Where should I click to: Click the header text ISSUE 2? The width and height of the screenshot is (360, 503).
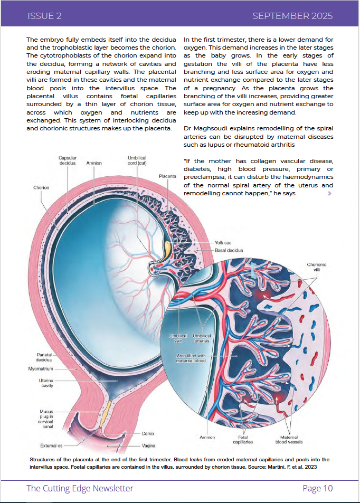44,16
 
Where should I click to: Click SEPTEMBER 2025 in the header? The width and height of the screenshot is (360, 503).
292,16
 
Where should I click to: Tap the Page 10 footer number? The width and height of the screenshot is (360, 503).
317,488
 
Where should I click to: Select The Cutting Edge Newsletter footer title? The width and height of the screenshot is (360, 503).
80,488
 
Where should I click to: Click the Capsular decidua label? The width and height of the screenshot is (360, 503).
68,160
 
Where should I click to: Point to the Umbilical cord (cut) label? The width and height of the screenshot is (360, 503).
137,160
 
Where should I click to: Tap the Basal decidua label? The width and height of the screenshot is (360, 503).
229,250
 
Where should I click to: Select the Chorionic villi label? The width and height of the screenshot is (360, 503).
317,267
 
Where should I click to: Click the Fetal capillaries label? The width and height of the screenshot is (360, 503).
243,439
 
